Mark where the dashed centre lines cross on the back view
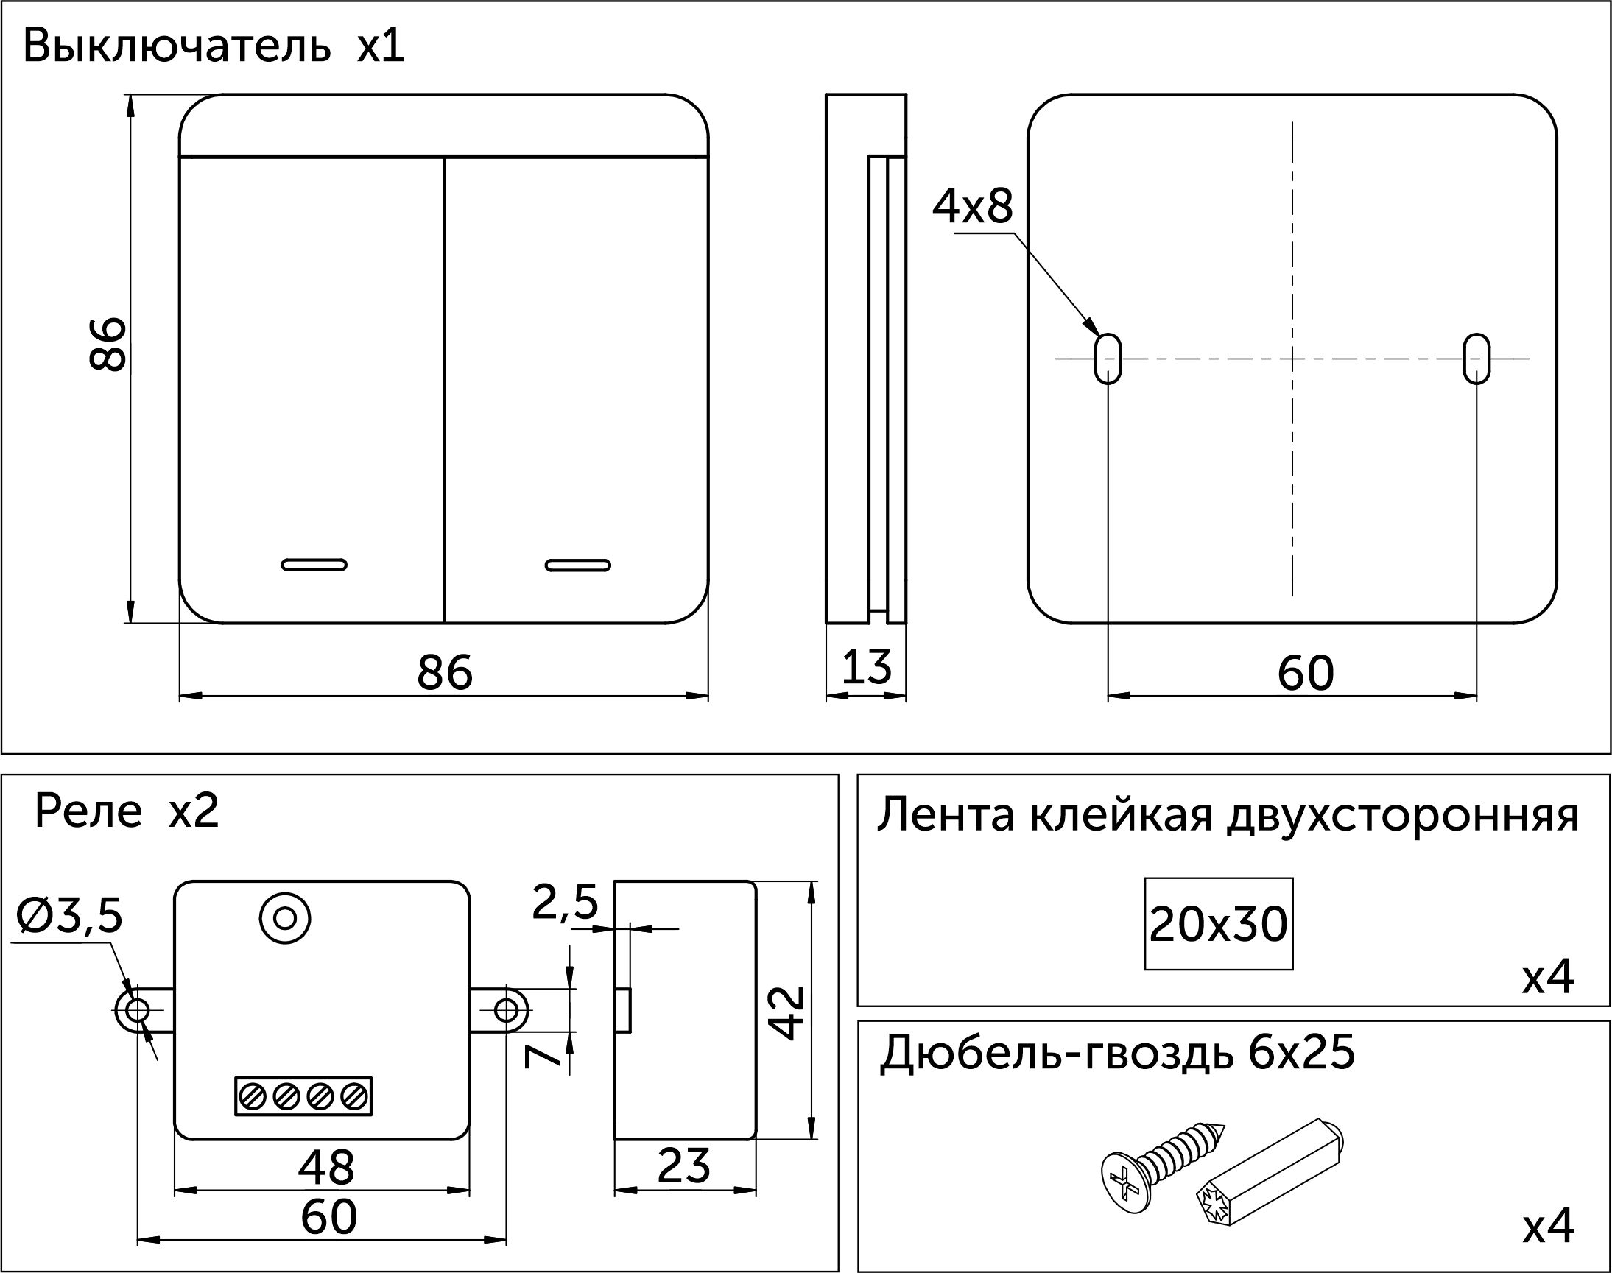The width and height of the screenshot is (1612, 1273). tap(1292, 359)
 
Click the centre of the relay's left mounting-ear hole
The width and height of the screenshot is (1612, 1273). tap(138, 1011)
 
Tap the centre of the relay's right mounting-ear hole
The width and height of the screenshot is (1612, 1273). tap(506, 1011)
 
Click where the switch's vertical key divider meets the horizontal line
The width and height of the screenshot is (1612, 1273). tap(444, 158)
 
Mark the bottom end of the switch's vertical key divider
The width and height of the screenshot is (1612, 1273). tap(444, 622)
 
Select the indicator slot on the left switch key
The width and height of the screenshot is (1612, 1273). tap(314, 564)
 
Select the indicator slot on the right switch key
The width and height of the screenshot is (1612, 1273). tap(577, 564)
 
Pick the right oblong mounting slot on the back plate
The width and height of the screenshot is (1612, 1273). tap(1477, 359)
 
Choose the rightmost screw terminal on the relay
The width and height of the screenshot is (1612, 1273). tap(353, 1096)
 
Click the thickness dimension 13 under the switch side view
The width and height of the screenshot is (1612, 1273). tap(867, 667)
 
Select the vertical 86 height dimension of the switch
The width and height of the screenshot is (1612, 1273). tap(108, 344)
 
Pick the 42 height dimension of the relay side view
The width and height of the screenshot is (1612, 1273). tap(787, 1013)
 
